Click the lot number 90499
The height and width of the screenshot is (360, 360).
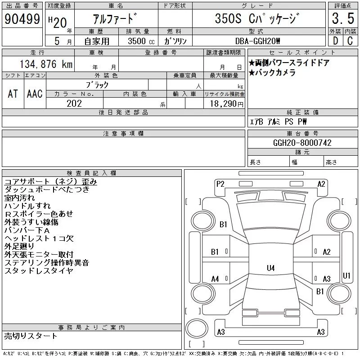(22, 19)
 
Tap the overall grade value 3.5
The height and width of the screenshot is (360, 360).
(343, 18)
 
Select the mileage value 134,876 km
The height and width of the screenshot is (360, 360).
(46, 64)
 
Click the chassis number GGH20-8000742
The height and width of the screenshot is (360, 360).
(302, 143)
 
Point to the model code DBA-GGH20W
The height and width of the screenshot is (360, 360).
(257, 41)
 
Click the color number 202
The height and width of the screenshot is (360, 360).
(74, 103)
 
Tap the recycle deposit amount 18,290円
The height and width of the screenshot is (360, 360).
(227, 104)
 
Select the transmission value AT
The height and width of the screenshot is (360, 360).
(13, 94)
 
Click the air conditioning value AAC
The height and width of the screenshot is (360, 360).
(35, 94)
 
